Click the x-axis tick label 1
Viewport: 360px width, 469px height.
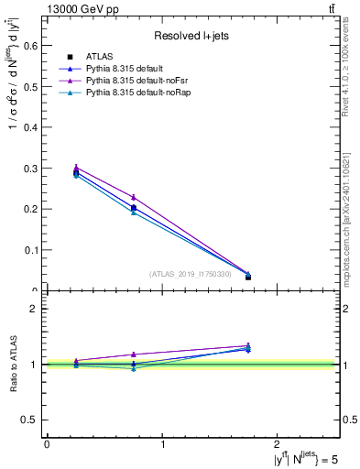(x=163, y=443)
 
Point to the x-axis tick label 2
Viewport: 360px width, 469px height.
(x=280, y=443)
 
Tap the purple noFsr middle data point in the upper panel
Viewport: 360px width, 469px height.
(x=134, y=197)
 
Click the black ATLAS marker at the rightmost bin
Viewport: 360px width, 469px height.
(x=248, y=277)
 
